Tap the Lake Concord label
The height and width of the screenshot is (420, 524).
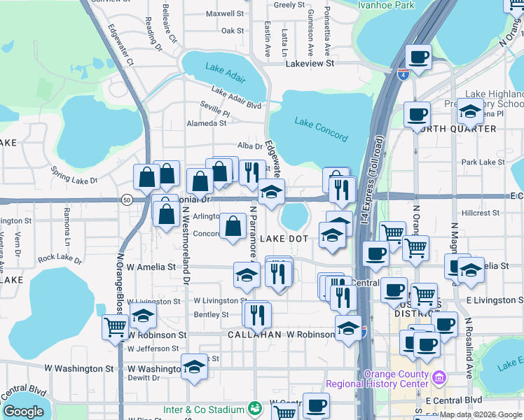(321, 129)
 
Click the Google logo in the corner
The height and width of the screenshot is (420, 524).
(23, 412)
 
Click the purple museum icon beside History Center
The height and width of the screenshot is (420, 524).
(439, 379)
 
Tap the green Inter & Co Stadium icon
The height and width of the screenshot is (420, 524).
(256, 408)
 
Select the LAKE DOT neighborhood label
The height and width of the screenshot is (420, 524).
(284, 239)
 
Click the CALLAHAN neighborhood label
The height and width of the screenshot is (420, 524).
(254, 335)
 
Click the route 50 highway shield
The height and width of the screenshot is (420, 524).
(126, 199)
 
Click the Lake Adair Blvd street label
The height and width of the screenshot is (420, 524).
(236, 98)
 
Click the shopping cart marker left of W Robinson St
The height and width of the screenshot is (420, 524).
(115, 326)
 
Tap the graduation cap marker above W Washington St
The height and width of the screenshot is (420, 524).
(194, 366)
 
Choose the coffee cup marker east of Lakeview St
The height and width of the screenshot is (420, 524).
(419, 57)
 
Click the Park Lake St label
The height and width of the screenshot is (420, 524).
(478, 162)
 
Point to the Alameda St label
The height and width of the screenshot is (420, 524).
(206, 122)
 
